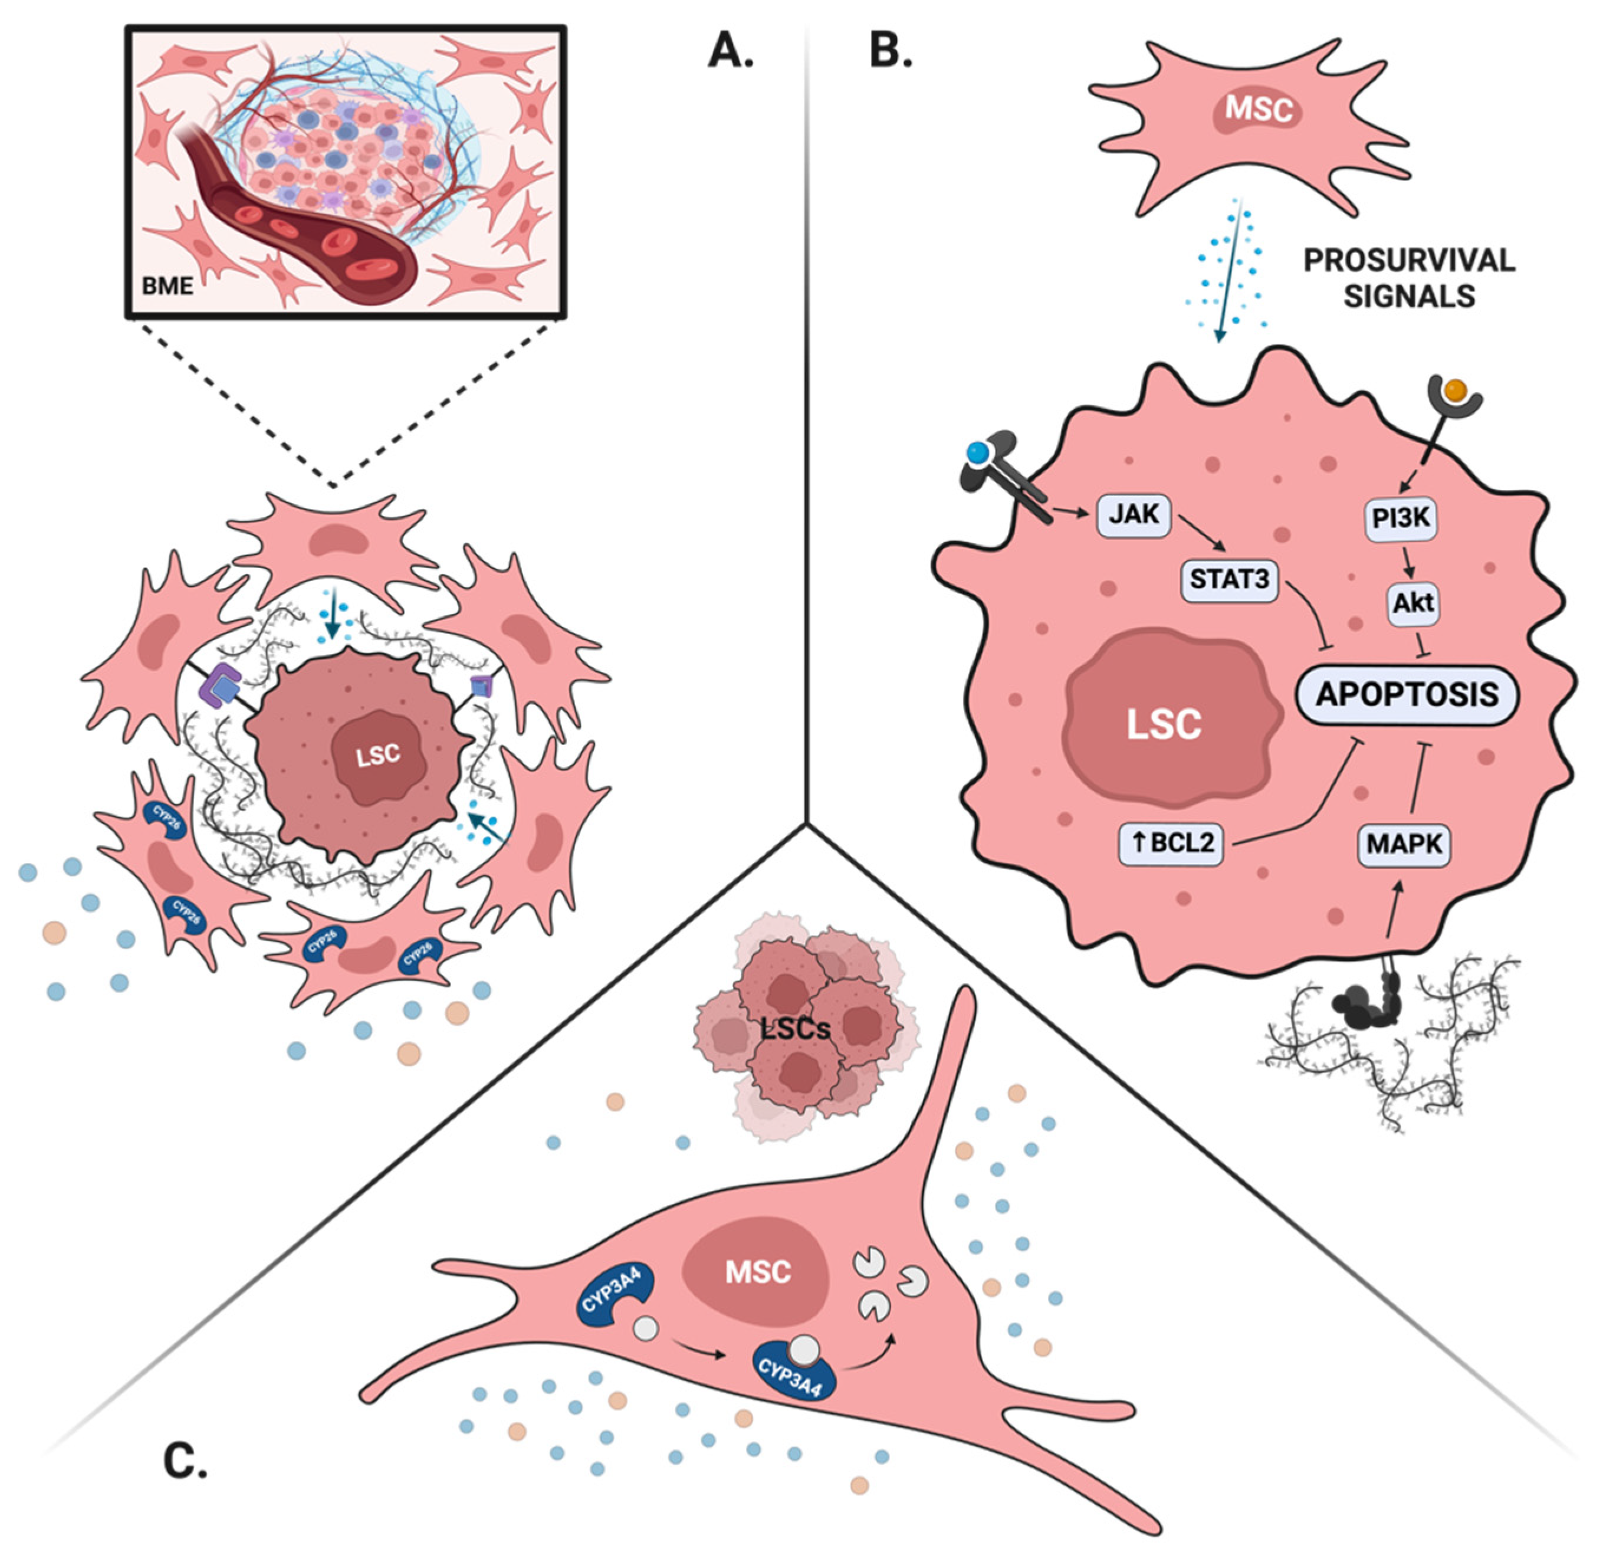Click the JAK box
click(x=1134, y=514)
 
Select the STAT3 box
click(x=1229, y=580)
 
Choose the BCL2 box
click(x=1171, y=842)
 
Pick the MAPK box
click(x=1404, y=843)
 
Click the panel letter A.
click(x=730, y=51)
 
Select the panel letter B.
click(x=890, y=51)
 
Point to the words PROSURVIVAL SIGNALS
click(x=1408, y=278)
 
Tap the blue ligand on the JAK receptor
click(x=977, y=451)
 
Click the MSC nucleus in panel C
click(x=757, y=1272)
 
